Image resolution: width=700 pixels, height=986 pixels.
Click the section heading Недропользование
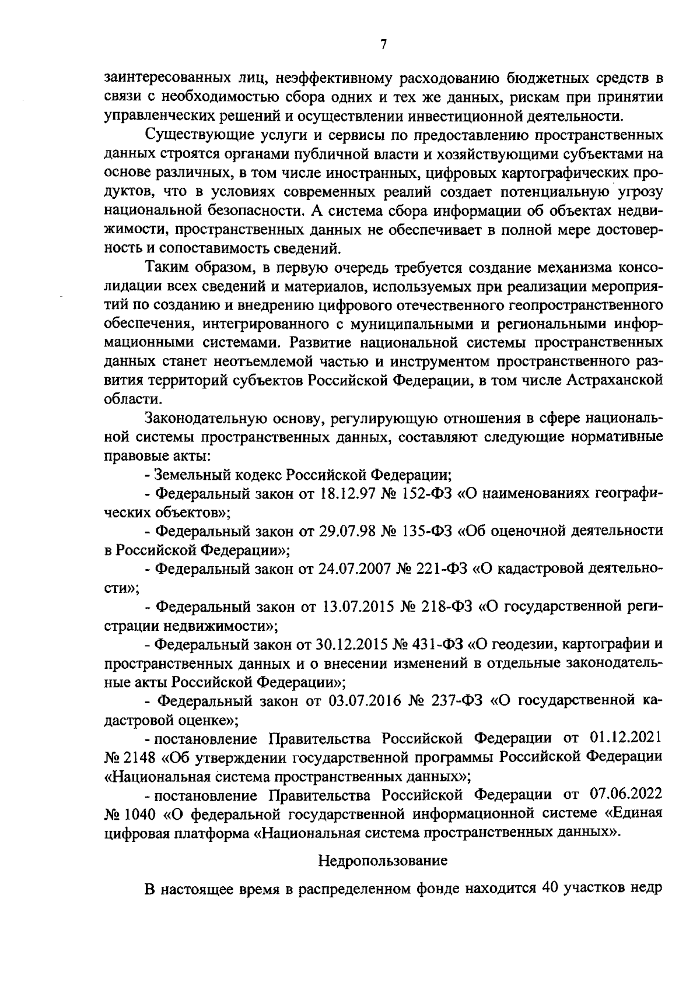tap(383, 860)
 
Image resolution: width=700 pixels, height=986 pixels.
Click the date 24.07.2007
tap(358, 569)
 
